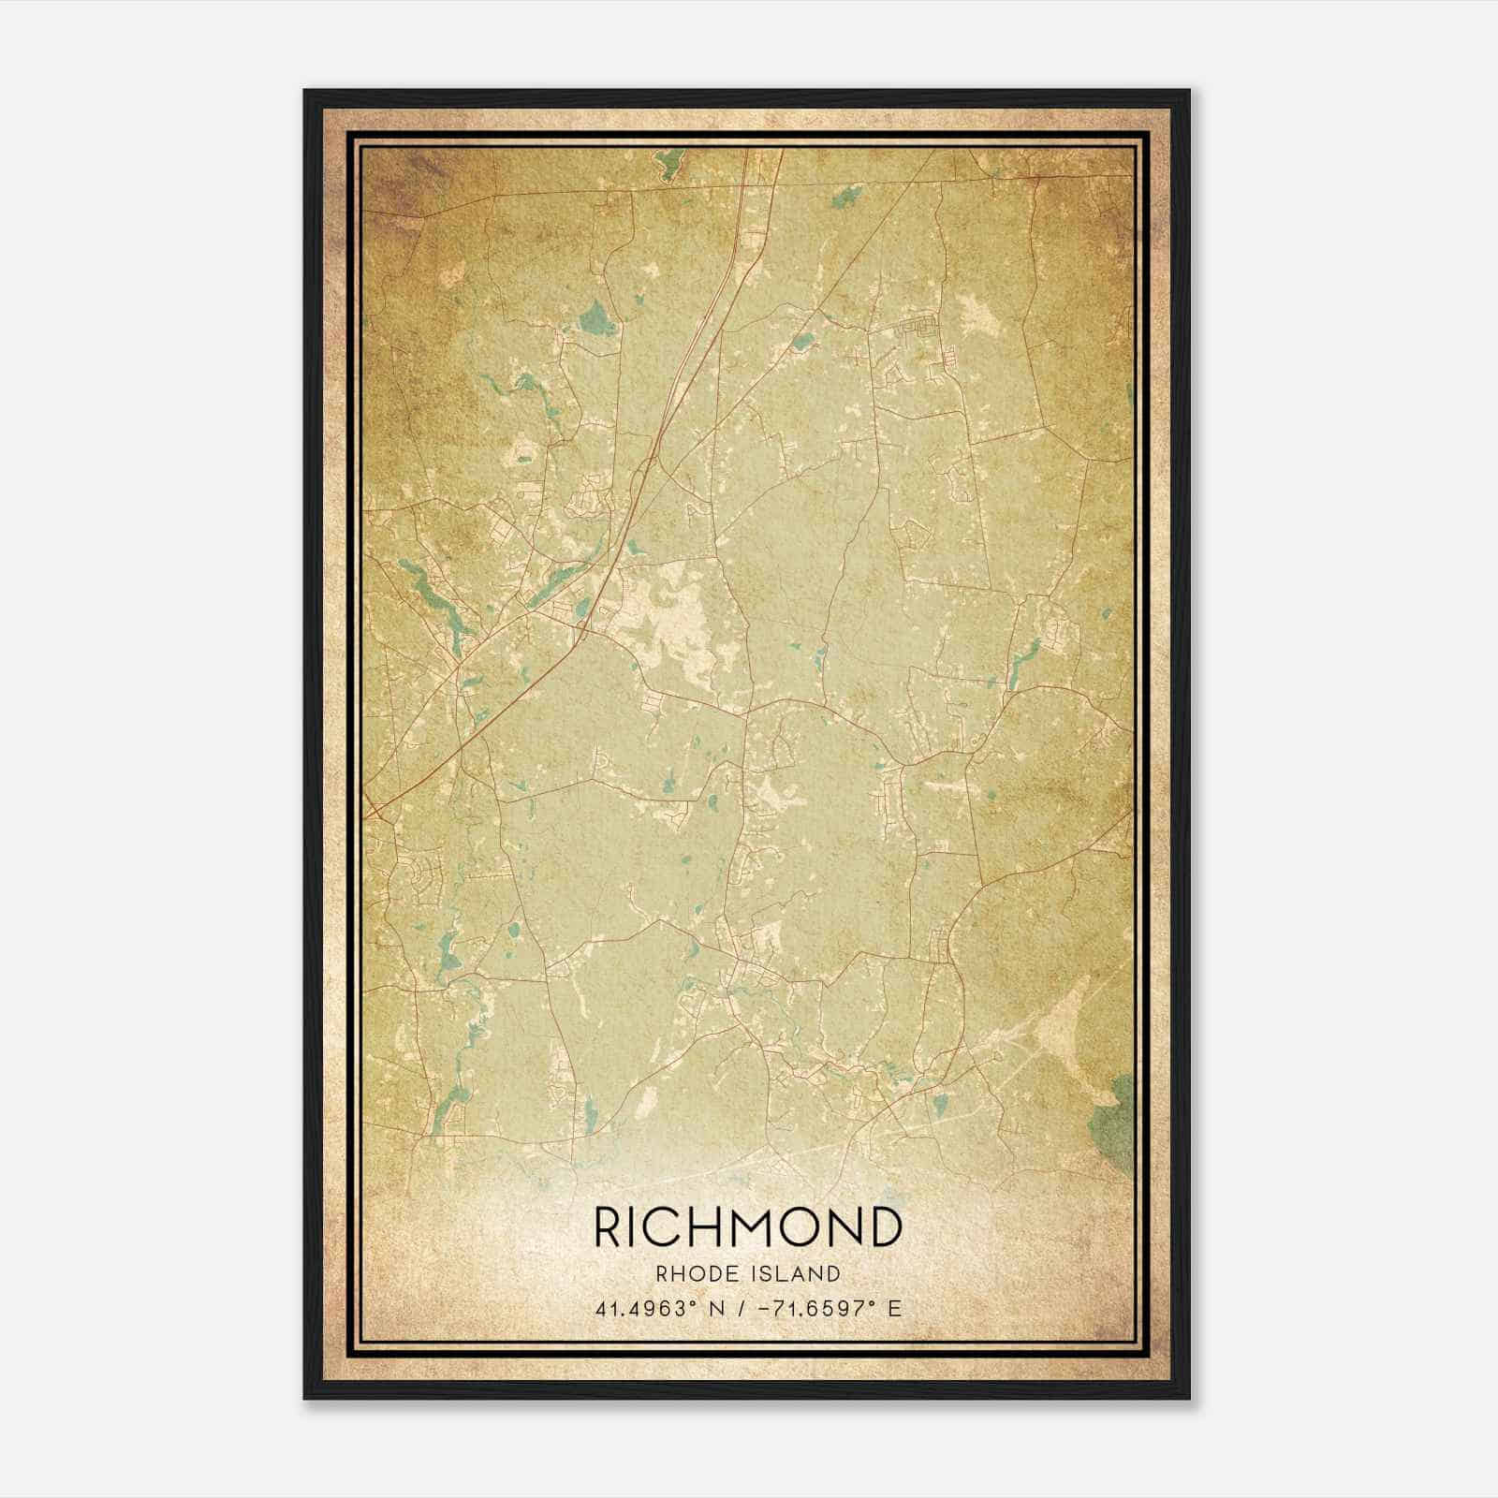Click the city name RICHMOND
pyautogui.click(x=748, y=1227)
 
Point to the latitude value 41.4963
pyautogui.click(x=639, y=1308)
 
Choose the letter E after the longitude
pyautogui.click(x=894, y=1308)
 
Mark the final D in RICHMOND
pyautogui.click(x=885, y=1227)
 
